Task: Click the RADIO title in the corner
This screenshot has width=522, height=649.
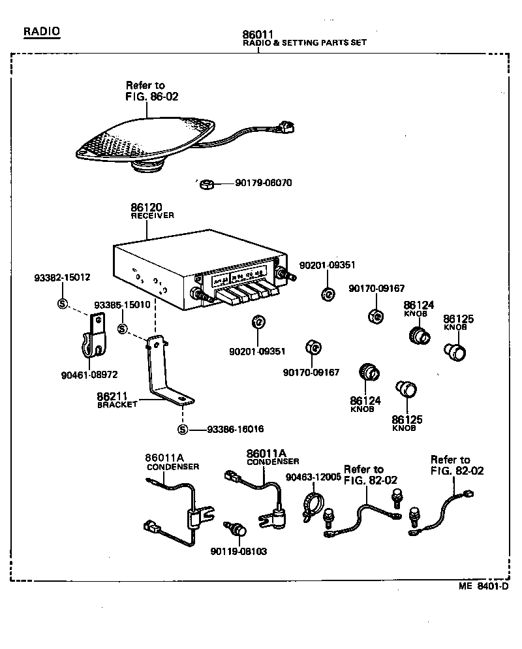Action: point(41,31)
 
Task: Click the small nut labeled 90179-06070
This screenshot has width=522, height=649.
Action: point(204,183)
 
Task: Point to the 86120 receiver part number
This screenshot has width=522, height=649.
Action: point(147,207)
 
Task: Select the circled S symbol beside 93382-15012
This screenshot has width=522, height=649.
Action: point(63,303)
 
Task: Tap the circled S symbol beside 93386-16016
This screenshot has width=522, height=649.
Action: point(183,429)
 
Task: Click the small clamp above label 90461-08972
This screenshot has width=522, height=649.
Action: point(94,337)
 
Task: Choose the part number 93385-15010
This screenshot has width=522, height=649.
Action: point(122,305)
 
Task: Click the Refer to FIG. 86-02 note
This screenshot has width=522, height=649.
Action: point(146,91)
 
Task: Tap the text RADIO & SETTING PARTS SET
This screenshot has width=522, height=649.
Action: point(304,42)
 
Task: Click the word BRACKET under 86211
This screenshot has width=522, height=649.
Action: point(117,404)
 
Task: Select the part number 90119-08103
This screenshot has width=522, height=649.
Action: point(238,551)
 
